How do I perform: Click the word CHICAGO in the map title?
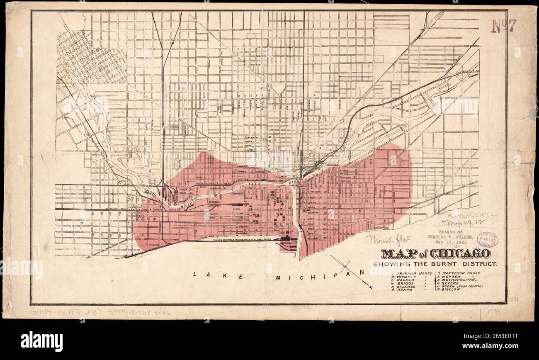tap(460, 253)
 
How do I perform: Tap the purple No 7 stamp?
tap(503, 26)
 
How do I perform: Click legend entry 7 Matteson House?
tap(458, 273)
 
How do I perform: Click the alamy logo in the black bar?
tap(41, 341)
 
